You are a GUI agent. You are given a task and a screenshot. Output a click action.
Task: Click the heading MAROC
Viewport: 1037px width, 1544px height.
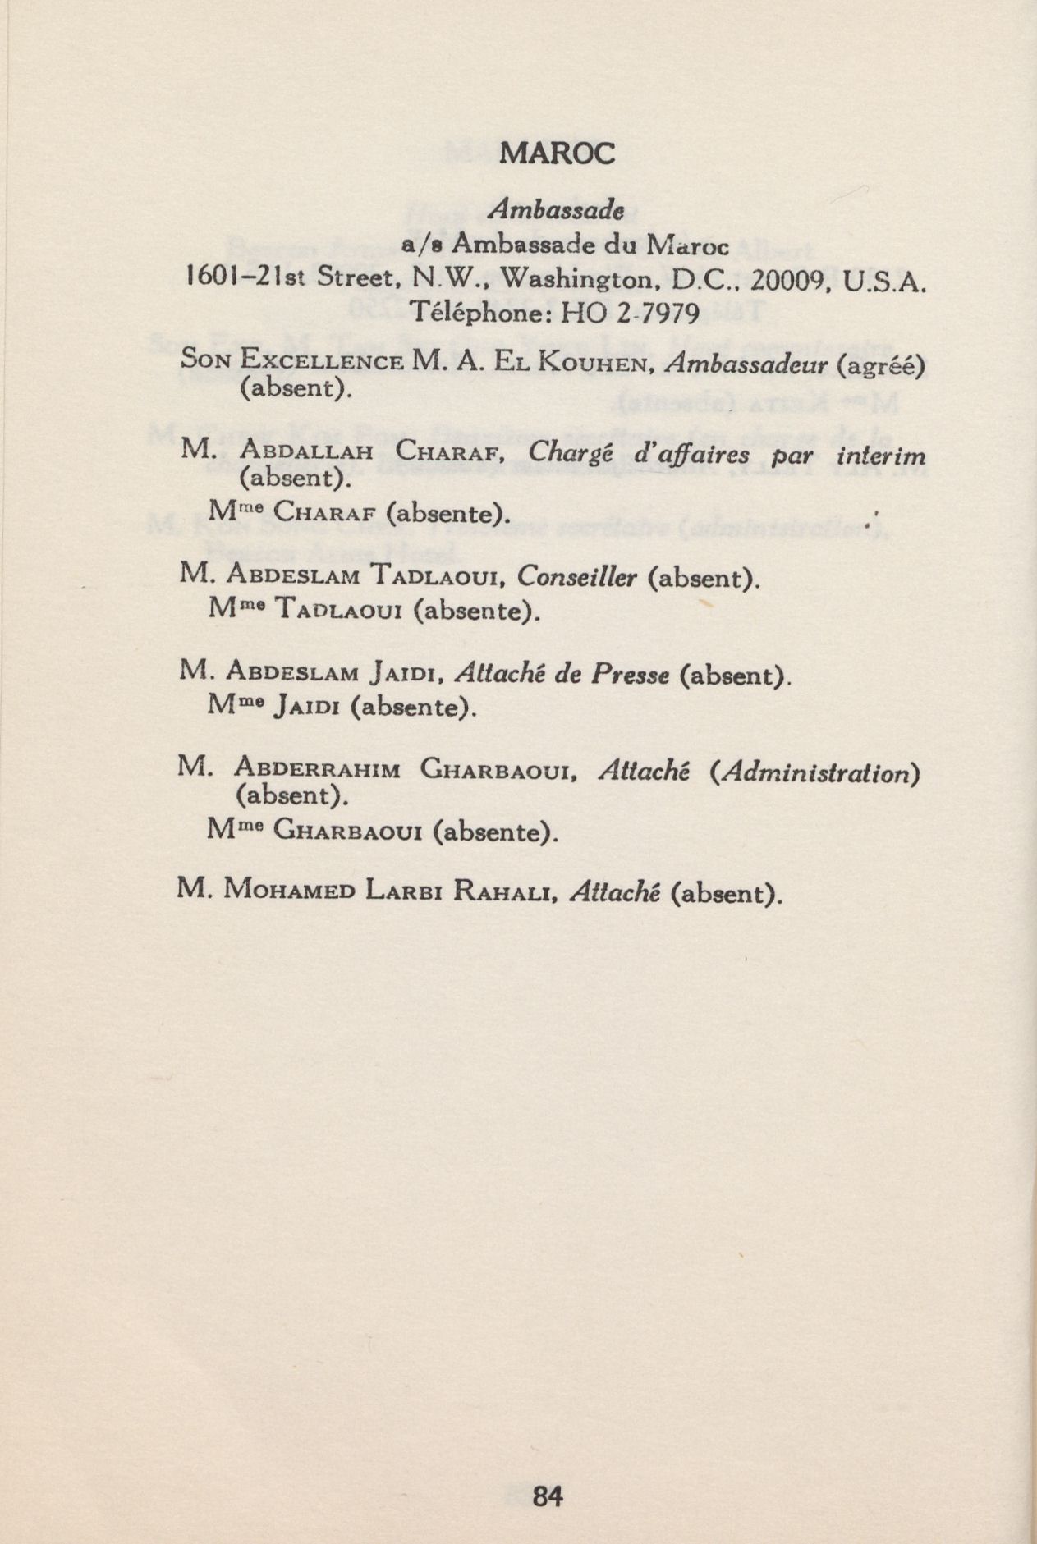point(557,153)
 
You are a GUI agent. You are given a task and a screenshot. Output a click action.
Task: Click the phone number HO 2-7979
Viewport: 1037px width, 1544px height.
point(629,313)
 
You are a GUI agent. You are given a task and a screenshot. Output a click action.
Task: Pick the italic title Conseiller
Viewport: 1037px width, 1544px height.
point(578,577)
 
